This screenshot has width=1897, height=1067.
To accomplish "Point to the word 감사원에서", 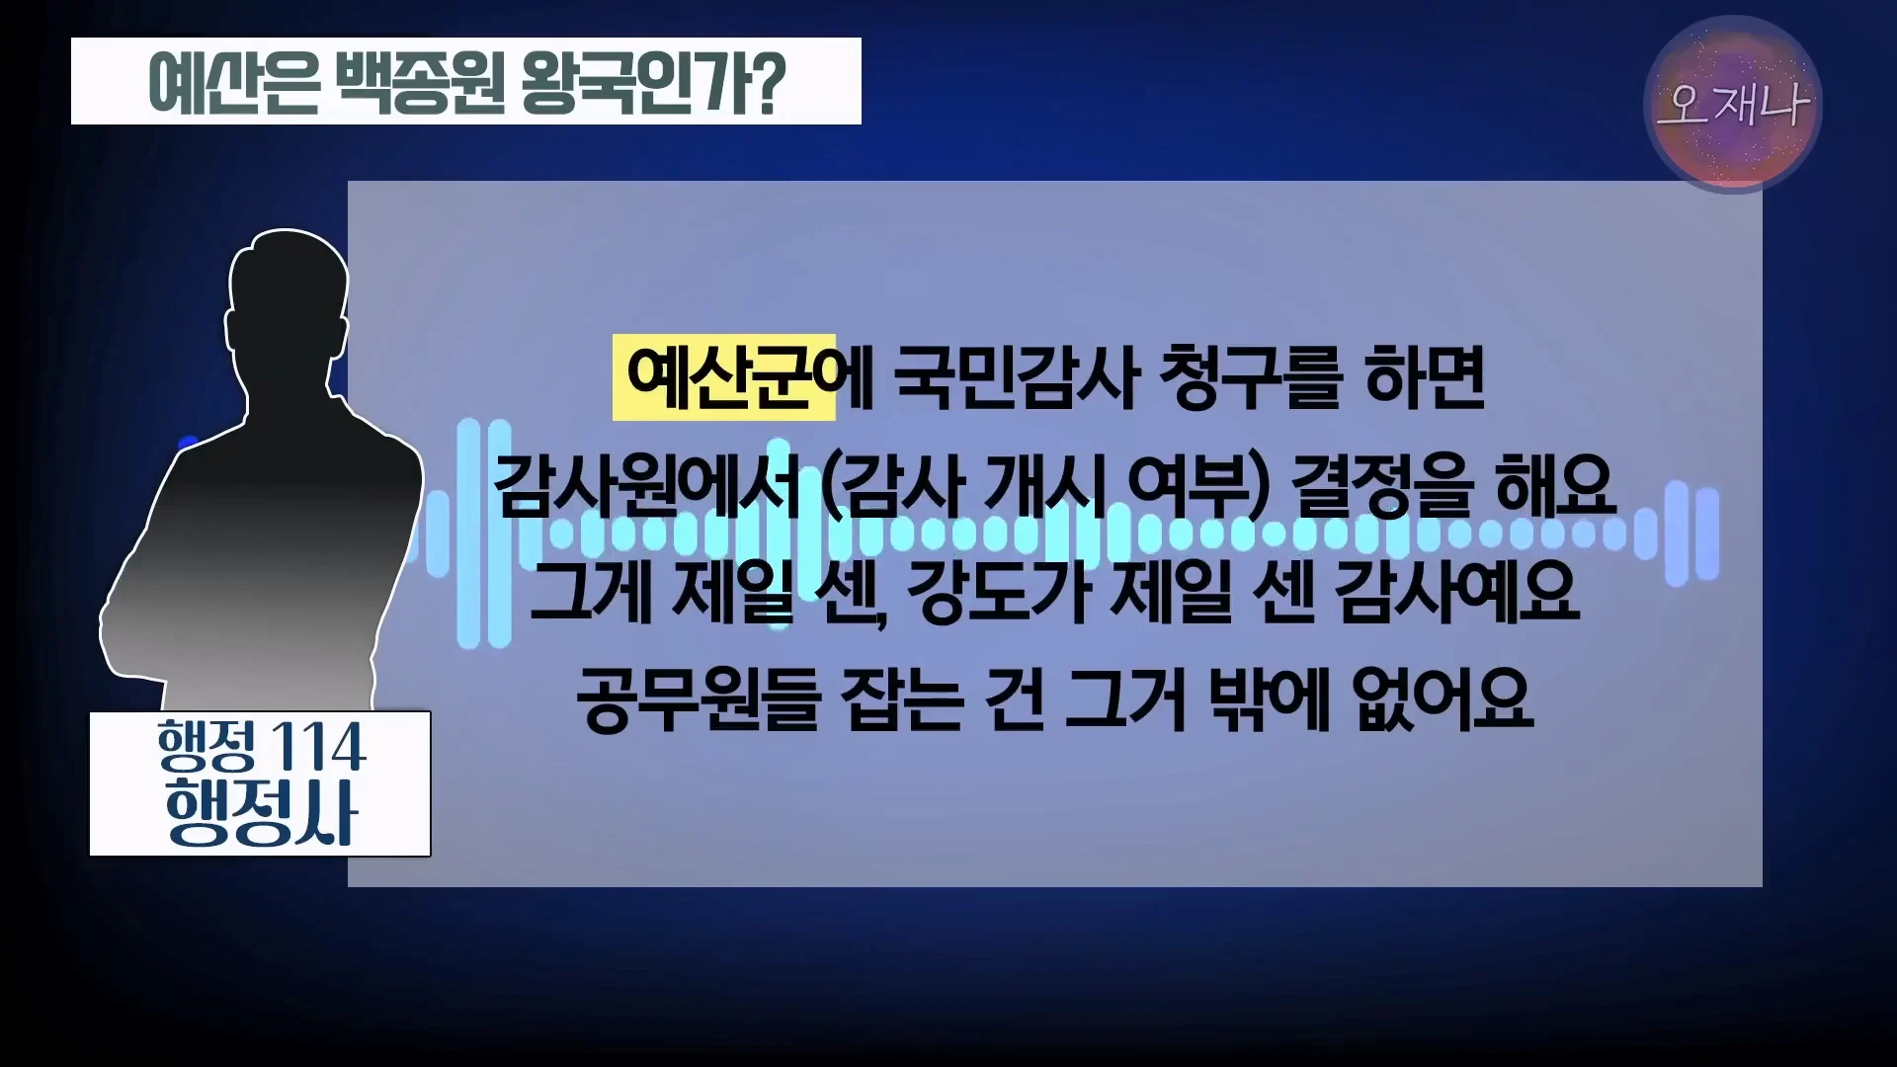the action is (x=647, y=485).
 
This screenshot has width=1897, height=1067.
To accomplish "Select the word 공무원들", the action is (x=699, y=698).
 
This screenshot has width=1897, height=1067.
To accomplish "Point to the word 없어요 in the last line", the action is (x=1443, y=698).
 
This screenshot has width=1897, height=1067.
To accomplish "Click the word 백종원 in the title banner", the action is (x=421, y=82).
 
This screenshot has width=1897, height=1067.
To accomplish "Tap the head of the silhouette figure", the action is (x=288, y=296).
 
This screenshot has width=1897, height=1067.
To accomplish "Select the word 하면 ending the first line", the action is (x=1425, y=378).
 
